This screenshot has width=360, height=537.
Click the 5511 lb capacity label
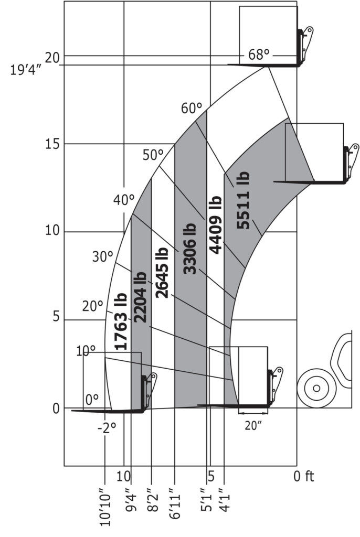[x=243, y=200]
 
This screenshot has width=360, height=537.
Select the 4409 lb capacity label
[x=216, y=224]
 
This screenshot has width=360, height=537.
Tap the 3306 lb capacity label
[x=189, y=249]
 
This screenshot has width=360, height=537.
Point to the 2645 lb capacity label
[x=162, y=272]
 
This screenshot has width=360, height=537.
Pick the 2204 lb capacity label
[x=140, y=297]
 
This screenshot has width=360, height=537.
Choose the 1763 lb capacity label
[x=121, y=321]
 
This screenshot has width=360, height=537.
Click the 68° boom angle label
[x=259, y=55]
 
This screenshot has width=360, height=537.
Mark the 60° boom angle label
[x=192, y=108]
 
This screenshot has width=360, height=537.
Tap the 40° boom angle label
[x=124, y=200]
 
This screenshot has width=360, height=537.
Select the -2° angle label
[x=107, y=428]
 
